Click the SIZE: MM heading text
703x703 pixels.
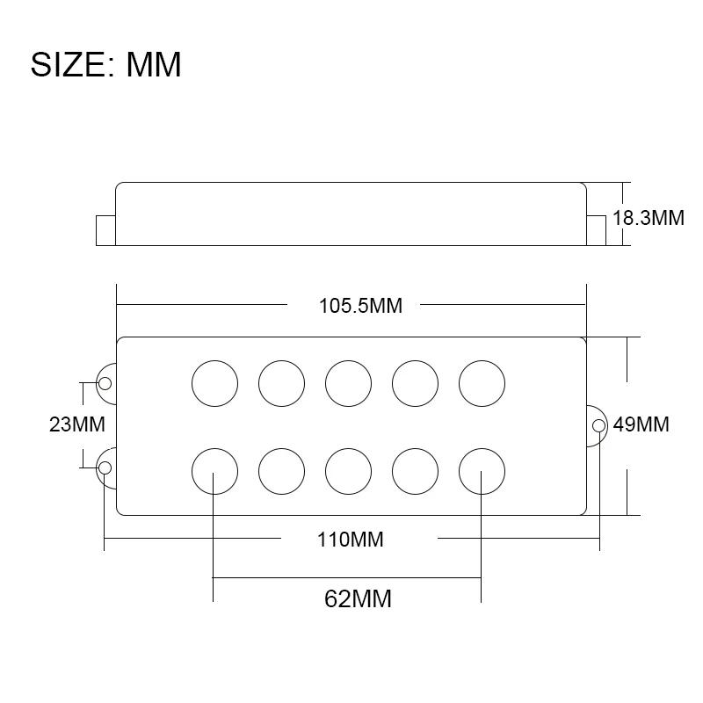106,65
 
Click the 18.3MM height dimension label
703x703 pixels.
648,218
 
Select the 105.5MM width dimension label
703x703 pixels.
360,306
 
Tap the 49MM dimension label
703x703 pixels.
641,425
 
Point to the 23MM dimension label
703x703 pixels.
77,425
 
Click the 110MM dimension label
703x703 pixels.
351,539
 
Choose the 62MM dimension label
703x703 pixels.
358,599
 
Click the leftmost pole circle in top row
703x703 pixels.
214,384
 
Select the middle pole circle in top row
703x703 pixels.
348,384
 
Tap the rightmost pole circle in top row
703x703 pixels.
482,384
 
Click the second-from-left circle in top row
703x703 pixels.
281,384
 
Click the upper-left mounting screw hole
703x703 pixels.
105,383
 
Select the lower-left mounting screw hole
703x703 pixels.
105,467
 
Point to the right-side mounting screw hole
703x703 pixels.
598,426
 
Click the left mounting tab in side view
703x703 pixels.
105,229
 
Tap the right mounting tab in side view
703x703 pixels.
597,229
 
